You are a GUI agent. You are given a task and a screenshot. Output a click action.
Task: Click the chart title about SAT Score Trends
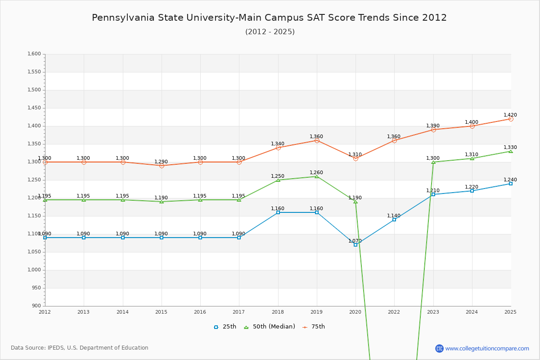coord(269,18)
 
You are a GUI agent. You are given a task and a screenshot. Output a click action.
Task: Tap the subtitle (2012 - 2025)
coord(270,32)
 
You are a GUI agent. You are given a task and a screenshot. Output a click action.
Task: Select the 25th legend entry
coord(225,327)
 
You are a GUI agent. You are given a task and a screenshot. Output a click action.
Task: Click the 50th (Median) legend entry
coord(269,327)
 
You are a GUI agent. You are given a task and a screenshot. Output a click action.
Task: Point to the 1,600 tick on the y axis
coord(35,54)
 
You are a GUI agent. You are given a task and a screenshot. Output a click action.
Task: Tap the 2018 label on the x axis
coord(278,311)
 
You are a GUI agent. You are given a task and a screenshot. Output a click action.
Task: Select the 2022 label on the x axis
coord(394,311)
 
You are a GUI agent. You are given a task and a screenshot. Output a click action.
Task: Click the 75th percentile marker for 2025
coord(511,119)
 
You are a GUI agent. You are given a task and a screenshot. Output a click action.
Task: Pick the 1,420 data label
coord(510,115)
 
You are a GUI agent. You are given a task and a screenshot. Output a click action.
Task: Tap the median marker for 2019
coord(317,176)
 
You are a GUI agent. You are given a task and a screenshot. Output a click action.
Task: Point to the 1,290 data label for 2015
coord(162,162)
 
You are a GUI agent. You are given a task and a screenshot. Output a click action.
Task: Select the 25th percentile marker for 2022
coord(394,220)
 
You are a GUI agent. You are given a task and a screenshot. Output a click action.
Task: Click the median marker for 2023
coord(433,162)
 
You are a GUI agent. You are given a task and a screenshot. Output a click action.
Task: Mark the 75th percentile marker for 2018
coord(278,148)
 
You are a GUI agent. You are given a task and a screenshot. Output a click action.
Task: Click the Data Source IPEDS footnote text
coord(80,348)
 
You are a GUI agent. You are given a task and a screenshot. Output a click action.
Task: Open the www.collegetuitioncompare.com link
coord(487,348)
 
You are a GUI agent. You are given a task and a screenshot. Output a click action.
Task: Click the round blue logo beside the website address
coord(439,348)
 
